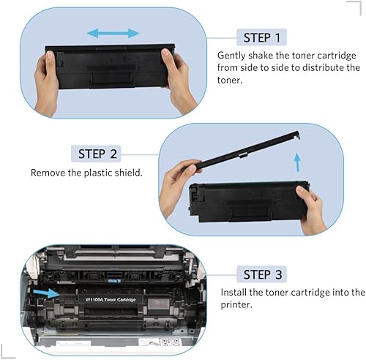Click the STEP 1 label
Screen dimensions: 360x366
[261, 37]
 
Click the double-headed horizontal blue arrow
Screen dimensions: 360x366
[113, 33]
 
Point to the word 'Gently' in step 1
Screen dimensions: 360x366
[232, 55]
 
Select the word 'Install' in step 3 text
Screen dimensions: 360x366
[235, 292]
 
